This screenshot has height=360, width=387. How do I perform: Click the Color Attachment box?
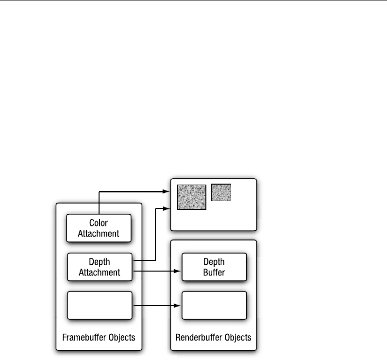(x=99, y=228)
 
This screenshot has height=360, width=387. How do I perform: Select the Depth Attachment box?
(x=99, y=267)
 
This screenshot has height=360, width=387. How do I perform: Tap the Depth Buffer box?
(x=214, y=267)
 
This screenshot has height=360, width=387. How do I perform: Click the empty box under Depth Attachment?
(x=99, y=305)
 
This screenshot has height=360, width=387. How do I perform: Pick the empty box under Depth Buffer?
(x=214, y=305)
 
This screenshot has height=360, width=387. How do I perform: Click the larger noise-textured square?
(x=191, y=196)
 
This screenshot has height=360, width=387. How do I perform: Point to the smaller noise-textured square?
(x=221, y=192)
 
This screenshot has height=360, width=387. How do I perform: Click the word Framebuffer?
(x=84, y=337)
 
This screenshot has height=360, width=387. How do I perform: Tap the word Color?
(x=99, y=223)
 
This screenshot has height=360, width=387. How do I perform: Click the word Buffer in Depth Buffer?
(x=214, y=272)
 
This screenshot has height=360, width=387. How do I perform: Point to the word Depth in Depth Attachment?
(x=99, y=262)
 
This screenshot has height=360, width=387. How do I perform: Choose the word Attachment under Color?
(x=99, y=233)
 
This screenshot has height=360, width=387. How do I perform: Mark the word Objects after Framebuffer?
(x=121, y=337)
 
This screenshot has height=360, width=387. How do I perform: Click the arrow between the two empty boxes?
(x=155, y=306)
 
